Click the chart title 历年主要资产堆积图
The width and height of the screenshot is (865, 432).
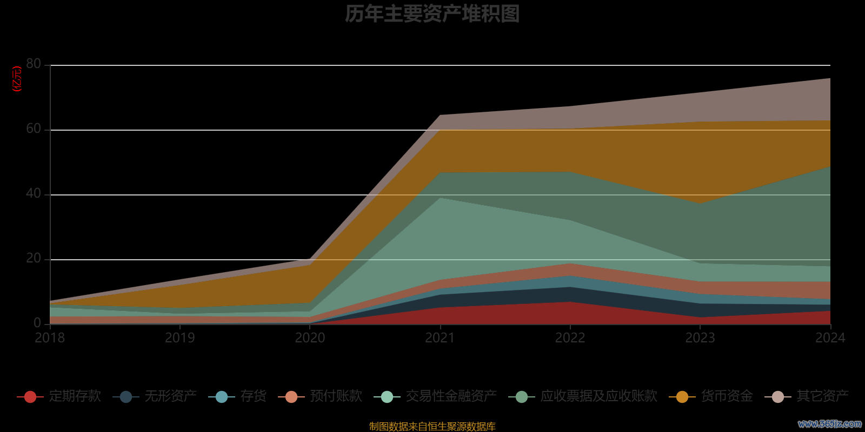pos(432,14)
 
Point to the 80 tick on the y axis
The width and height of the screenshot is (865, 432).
pos(34,64)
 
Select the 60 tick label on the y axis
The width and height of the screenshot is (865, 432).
pos(34,129)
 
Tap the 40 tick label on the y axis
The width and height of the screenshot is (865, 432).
pos(34,194)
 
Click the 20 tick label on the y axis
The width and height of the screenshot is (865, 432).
pos(34,259)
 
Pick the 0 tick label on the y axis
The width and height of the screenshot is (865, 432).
pos(37,323)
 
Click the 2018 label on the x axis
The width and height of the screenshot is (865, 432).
pos(50,338)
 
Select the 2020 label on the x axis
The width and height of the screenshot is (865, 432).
pos(310,338)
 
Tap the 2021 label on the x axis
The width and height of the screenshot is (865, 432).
pos(440,338)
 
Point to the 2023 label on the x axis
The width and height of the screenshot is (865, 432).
pos(700,338)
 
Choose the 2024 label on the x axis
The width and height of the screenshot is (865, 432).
pos(830,338)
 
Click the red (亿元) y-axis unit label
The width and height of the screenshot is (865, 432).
pos(17,79)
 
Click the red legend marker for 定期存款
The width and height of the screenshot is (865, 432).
pos(30,397)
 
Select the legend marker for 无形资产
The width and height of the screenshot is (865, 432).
pos(126,397)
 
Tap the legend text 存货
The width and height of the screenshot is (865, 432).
pos(254,396)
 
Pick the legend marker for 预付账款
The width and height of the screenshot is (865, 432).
pos(291,397)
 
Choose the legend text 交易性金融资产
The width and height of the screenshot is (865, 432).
pos(451,396)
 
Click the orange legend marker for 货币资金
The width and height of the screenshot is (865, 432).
pos(682,397)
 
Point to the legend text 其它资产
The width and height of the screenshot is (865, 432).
pos(822,396)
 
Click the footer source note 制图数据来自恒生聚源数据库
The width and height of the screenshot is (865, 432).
pos(432,427)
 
